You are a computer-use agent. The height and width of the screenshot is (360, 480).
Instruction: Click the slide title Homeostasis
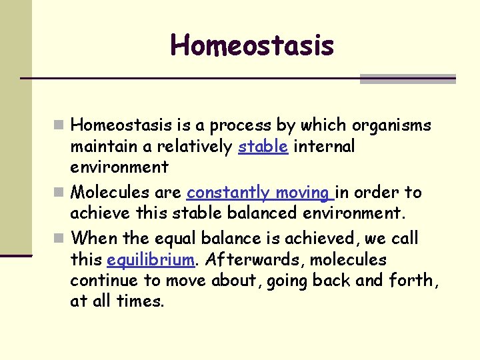pyautogui.click(x=252, y=45)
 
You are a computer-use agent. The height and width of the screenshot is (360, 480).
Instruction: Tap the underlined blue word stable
pyautogui.click(x=263, y=146)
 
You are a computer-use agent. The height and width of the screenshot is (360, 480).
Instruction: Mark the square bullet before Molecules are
pyautogui.click(x=60, y=193)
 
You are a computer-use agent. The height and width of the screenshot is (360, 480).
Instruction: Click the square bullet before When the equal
pyautogui.click(x=60, y=238)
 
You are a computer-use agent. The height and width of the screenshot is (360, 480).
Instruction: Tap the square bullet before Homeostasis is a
pyautogui.click(x=60, y=125)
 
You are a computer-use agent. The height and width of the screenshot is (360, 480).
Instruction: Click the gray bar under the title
pyautogui.click(x=407, y=79)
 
